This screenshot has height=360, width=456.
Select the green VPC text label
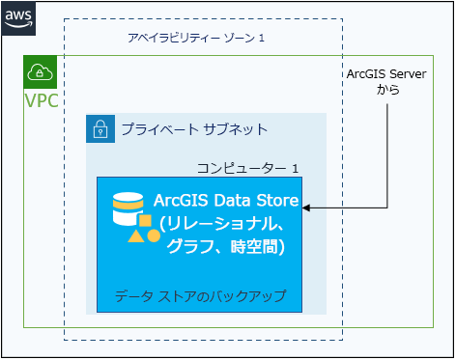42,101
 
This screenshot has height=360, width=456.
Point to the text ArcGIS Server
385,74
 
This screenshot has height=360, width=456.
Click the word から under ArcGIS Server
386,91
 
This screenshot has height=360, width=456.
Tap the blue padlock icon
100,128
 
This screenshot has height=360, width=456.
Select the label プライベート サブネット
194,129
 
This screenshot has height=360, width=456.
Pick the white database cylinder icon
126,207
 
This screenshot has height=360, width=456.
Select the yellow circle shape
154,235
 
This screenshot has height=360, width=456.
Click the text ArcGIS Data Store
226,201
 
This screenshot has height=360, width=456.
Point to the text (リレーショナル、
222,224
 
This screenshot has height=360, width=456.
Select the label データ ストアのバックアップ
200,294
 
